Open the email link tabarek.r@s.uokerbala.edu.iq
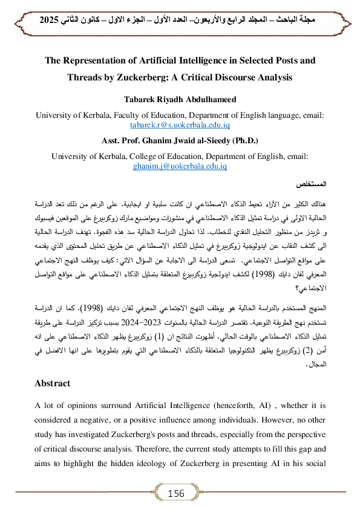tap(180, 125)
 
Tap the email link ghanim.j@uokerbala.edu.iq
tap(180, 165)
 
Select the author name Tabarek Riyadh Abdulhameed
tap(180, 100)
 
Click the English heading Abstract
tap(53, 383)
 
